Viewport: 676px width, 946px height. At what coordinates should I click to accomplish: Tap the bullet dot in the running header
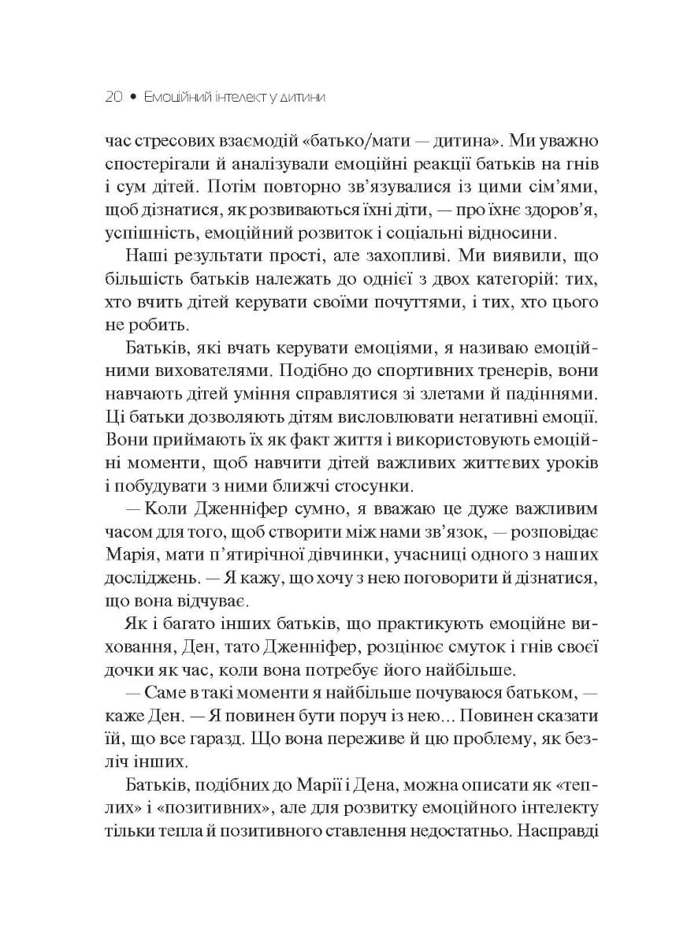click(134, 98)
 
